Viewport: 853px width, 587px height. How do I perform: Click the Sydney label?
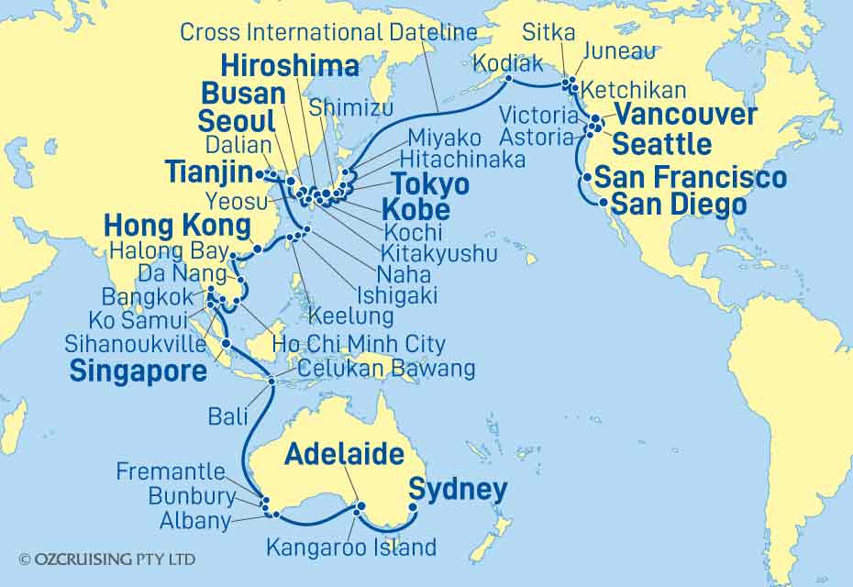457,491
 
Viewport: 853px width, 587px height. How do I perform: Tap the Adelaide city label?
344,454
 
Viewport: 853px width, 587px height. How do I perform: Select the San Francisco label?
690,178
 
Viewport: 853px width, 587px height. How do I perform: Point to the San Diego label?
678,204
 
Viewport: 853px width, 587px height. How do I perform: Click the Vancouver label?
686,115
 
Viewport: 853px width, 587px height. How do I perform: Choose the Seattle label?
661,144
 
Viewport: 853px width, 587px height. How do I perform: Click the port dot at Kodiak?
505,79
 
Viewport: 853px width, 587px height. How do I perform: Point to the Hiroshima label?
291,66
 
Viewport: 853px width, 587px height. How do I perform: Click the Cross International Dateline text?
328,33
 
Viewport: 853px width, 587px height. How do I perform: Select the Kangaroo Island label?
351,548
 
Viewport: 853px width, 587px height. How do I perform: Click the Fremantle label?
171,471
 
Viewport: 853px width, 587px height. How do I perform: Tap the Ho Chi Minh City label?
359,344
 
